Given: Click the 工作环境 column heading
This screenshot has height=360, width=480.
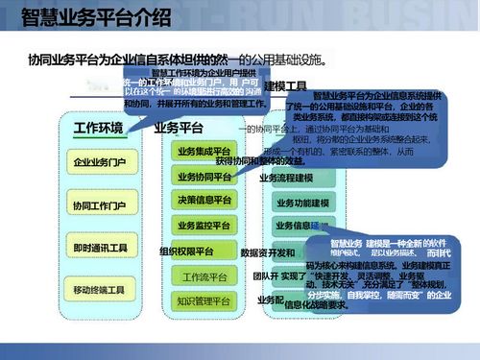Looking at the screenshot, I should click(x=99, y=129).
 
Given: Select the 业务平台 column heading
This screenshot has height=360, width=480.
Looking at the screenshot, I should click(x=179, y=129).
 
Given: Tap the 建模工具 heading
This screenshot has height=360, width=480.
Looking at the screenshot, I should click(x=285, y=86).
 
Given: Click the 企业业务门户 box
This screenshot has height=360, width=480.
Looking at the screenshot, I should click(x=99, y=163).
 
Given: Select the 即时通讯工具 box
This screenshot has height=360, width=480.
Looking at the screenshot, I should click(x=99, y=249).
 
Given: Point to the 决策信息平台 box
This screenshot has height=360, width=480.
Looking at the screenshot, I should click(x=204, y=201).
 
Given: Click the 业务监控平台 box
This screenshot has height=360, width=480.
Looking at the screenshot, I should click(x=204, y=225).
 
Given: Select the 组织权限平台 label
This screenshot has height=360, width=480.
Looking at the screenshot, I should click(x=192, y=252).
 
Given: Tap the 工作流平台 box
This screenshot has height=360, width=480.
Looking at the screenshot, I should click(x=204, y=277).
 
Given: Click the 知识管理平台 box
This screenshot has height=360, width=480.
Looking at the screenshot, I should click(x=204, y=301).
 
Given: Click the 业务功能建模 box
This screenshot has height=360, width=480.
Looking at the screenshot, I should click(x=301, y=203).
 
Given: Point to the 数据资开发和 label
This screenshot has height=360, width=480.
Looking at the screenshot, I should click(x=267, y=252).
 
